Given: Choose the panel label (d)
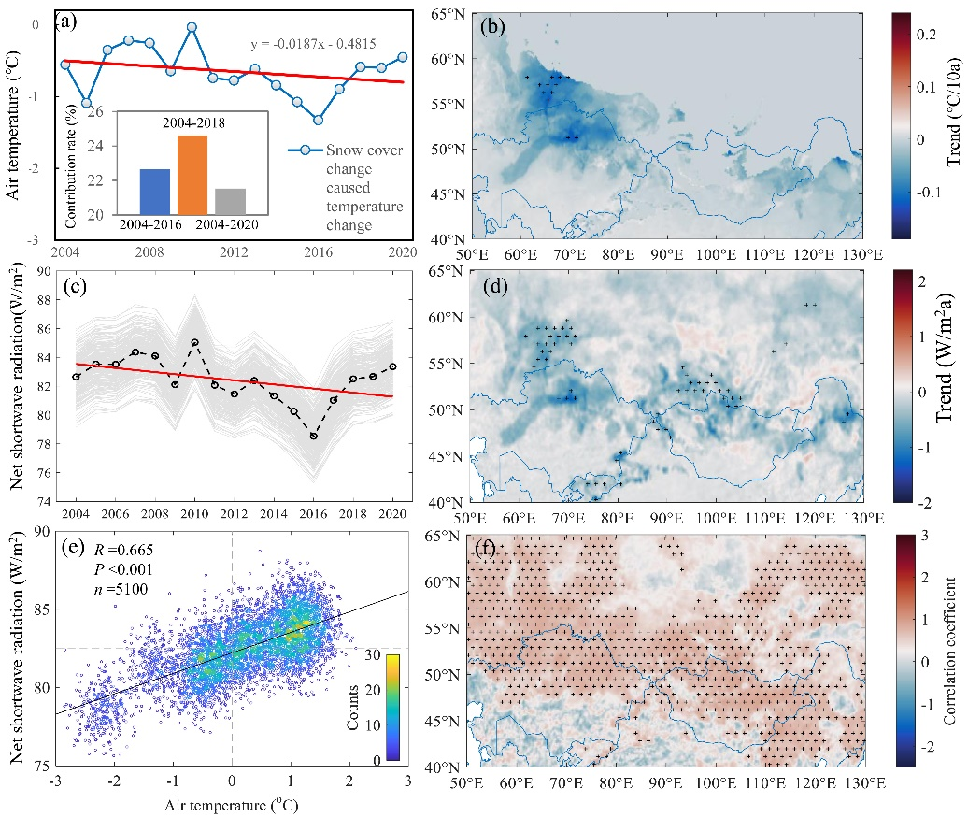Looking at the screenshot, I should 493,287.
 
